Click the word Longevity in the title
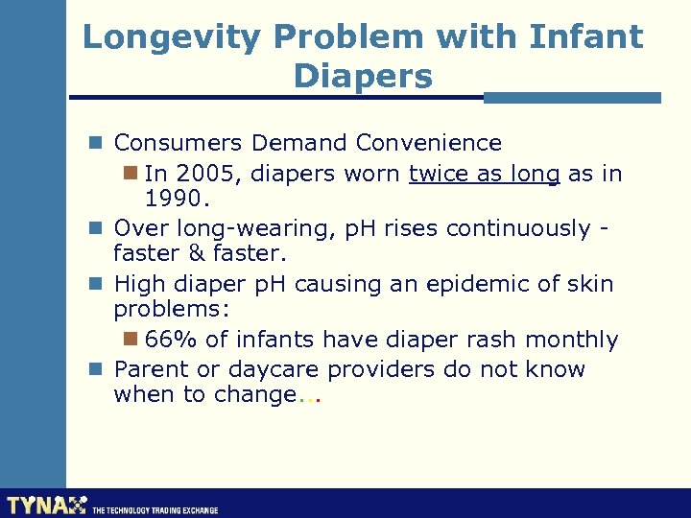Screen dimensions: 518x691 click(x=171, y=37)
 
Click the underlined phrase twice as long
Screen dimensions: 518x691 click(x=484, y=174)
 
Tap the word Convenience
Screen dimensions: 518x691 click(x=428, y=143)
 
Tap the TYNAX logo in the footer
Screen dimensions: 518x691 click(x=46, y=504)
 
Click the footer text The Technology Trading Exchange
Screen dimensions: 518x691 click(x=155, y=510)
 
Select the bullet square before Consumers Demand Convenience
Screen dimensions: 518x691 click(x=96, y=143)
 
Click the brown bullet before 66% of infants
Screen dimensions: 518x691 click(x=132, y=340)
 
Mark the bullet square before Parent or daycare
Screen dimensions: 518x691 click(x=96, y=369)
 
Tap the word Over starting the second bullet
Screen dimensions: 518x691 click(x=139, y=228)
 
